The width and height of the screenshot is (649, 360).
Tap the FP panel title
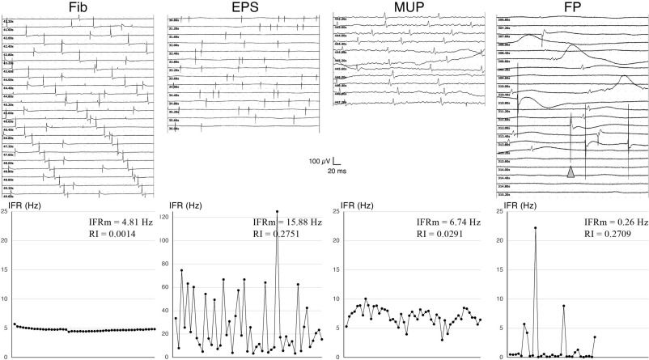[571, 6]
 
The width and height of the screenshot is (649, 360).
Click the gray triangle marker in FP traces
[571, 172]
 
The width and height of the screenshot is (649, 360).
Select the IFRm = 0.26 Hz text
[612, 222]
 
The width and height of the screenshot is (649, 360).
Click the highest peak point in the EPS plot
[277, 212]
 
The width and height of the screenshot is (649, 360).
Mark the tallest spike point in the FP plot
[535, 228]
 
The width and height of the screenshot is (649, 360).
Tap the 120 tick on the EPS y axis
[165, 218]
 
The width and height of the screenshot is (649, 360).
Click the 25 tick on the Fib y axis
[5, 211]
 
